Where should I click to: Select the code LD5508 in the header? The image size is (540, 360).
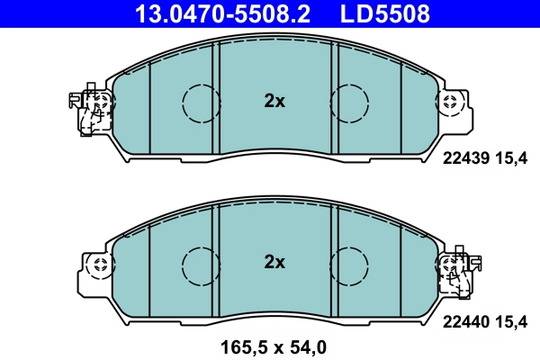pyautogui.click(x=385, y=13)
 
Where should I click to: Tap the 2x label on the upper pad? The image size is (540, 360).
pyautogui.click(x=274, y=102)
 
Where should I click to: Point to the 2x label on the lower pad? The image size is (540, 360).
pyautogui.click(x=274, y=262)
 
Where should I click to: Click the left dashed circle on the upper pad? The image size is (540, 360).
pyautogui.click(x=201, y=103)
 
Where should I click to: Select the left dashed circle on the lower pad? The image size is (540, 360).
pyautogui.click(x=201, y=263)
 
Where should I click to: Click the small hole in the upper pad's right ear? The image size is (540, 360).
pyautogui.click(x=449, y=103)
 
